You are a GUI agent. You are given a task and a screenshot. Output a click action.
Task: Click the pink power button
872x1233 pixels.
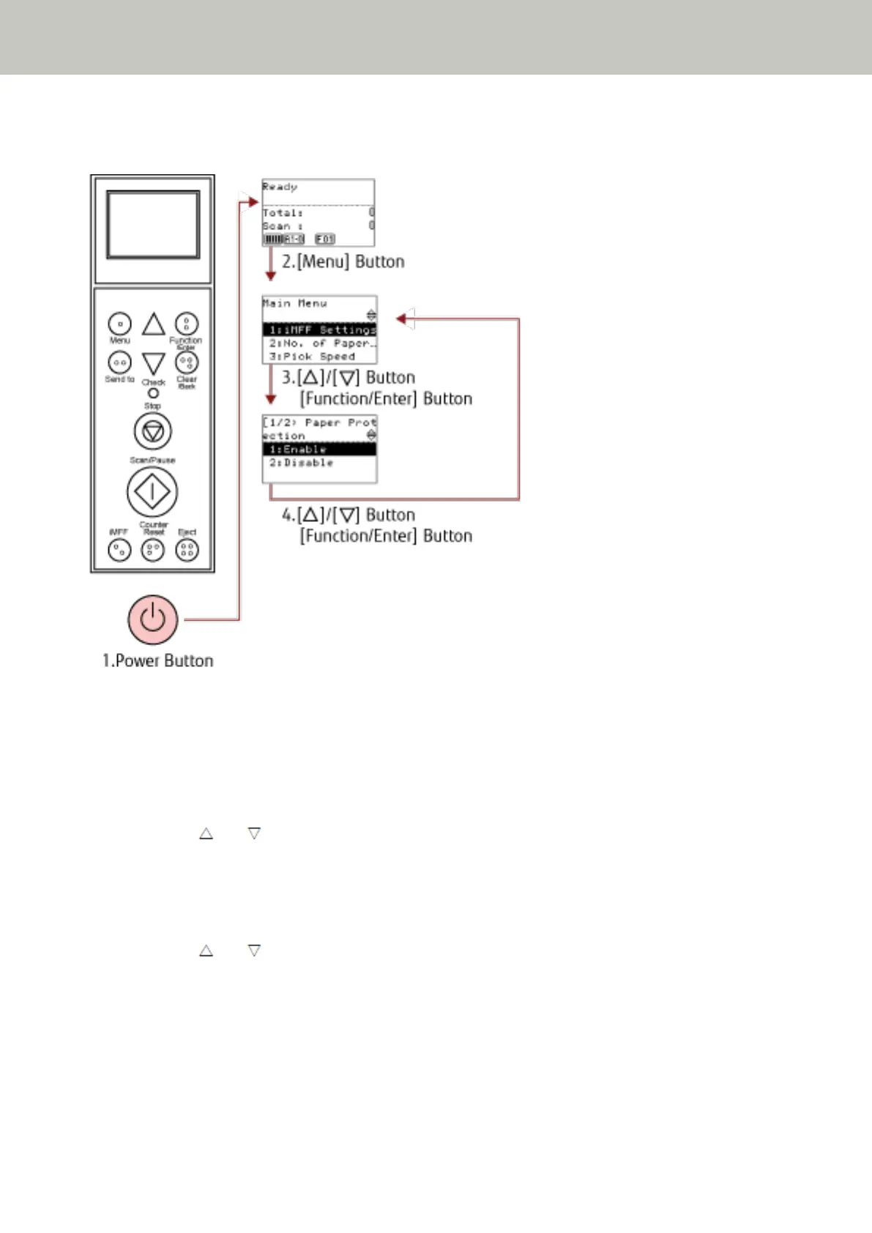coord(152,619)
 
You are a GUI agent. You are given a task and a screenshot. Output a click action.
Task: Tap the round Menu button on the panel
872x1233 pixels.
coord(119,323)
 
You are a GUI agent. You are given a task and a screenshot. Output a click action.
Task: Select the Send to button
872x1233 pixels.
coord(119,362)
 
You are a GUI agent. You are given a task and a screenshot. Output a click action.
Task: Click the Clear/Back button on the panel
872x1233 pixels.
coord(187,362)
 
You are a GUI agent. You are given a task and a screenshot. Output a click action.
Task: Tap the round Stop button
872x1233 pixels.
coord(152,431)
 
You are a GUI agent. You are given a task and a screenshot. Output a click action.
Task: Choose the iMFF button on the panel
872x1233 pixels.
coord(119,549)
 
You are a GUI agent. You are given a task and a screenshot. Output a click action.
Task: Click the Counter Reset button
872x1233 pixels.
coord(152,549)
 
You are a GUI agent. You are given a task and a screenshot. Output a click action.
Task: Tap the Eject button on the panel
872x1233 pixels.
coord(187,549)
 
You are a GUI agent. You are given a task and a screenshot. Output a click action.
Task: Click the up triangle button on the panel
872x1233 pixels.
coord(153,324)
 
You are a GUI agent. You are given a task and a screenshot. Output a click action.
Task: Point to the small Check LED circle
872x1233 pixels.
coord(153,393)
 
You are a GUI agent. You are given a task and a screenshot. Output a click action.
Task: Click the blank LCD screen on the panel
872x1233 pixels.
coord(153,225)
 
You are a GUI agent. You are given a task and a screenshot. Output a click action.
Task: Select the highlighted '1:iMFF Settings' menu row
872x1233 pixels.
coord(320,330)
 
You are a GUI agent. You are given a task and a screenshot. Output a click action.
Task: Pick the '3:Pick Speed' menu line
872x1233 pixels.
coord(313,357)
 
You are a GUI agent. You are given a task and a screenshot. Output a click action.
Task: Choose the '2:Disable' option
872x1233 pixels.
coord(302,463)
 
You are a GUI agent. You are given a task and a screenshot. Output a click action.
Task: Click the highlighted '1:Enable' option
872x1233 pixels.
coord(320,449)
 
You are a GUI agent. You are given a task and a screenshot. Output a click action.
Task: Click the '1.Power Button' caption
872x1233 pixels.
coord(157,660)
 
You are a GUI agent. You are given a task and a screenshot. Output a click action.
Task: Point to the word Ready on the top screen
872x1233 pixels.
coord(280,187)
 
